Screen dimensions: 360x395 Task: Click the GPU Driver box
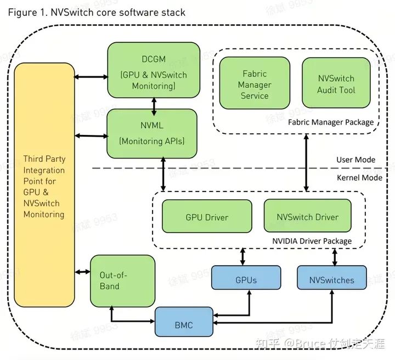click(x=206, y=216)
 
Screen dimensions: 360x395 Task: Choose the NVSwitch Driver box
click(x=307, y=216)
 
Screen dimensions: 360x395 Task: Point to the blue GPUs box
click(x=246, y=279)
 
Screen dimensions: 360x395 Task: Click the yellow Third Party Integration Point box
click(x=44, y=187)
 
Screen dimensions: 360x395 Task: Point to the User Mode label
click(x=356, y=160)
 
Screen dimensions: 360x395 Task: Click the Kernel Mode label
click(x=359, y=177)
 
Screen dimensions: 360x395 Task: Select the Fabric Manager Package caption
click(x=330, y=122)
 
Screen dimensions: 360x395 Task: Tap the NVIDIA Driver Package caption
click(x=312, y=241)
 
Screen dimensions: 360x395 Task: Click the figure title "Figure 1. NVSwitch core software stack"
click(x=97, y=12)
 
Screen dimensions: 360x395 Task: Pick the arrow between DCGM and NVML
click(x=155, y=102)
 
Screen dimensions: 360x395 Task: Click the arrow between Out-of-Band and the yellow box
click(x=82, y=272)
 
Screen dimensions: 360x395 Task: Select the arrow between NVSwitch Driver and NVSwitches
click(x=334, y=256)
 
